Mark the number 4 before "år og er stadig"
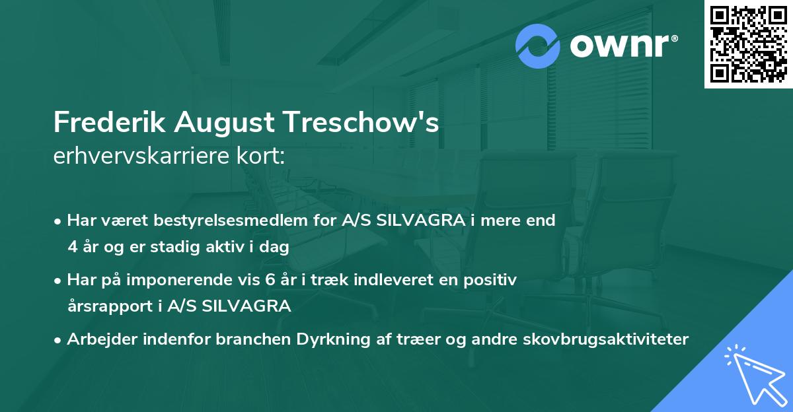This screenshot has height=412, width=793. (72, 248)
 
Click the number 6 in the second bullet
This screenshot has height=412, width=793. (269, 280)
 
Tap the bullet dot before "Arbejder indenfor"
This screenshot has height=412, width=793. (58, 340)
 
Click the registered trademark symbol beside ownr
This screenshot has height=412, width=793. (674, 38)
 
